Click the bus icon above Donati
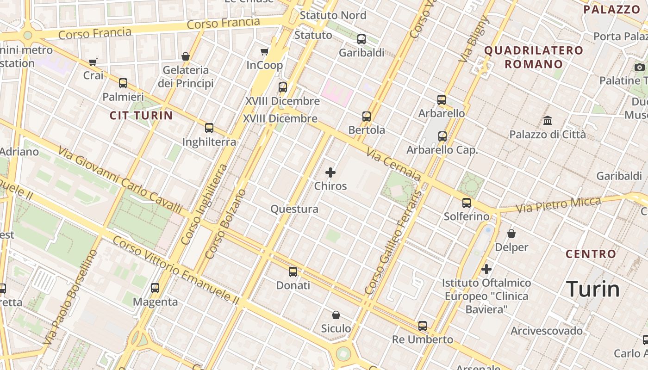pyautogui.click(x=293, y=272)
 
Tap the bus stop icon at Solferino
pyautogui.click(x=467, y=203)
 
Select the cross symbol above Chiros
pyautogui.click(x=330, y=173)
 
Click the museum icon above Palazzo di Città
pyautogui.click(x=548, y=121)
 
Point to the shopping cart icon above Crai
pyautogui.click(x=93, y=62)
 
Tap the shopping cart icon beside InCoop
pyautogui.click(x=265, y=52)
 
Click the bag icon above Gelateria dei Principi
pyautogui.click(x=186, y=57)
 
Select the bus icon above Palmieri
pyautogui.click(x=123, y=83)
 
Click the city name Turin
pyautogui.click(x=593, y=289)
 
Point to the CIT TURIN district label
pyautogui.click(x=141, y=116)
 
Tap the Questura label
pyautogui.click(x=294, y=209)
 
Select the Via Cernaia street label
pyautogui.click(x=393, y=165)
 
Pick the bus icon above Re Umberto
pyautogui.click(x=423, y=326)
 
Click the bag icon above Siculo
pyautogui.click(x=336, y=315)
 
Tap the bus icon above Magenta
pyautogui.click(x=155, y=288)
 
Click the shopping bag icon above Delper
pyautogui.click(x=511, y=234)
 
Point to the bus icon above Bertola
pyautogui.click(x=367, y=117)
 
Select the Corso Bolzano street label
pyautogui.click(x=225, y=224)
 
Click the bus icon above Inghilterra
pyautogui.click(x=209, y=128)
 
